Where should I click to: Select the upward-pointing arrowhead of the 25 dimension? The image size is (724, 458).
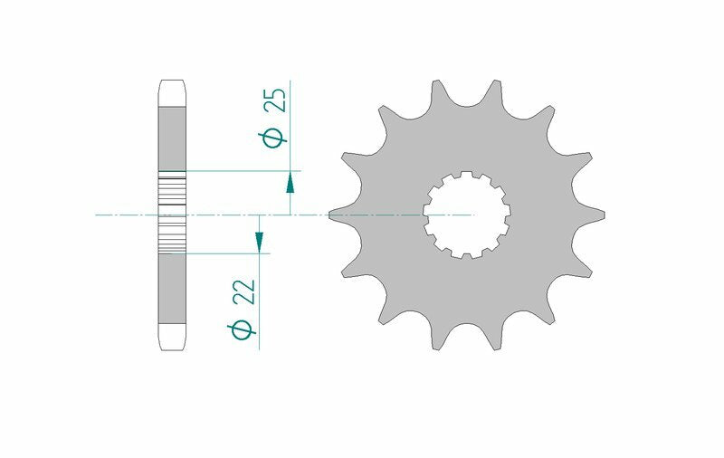click(290, 184)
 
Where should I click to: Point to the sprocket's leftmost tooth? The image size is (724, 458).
click(336, 214)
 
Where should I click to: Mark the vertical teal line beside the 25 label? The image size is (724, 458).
click(291, 118)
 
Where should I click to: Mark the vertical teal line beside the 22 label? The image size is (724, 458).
click(260, 308)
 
